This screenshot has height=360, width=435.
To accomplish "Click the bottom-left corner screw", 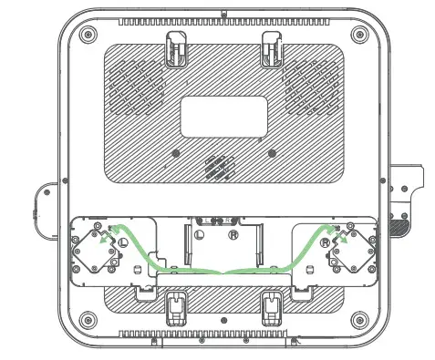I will point(88,321).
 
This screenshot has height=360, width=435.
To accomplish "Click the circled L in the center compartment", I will point(199,234).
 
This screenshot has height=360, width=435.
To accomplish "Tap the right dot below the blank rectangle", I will point(270,150).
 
